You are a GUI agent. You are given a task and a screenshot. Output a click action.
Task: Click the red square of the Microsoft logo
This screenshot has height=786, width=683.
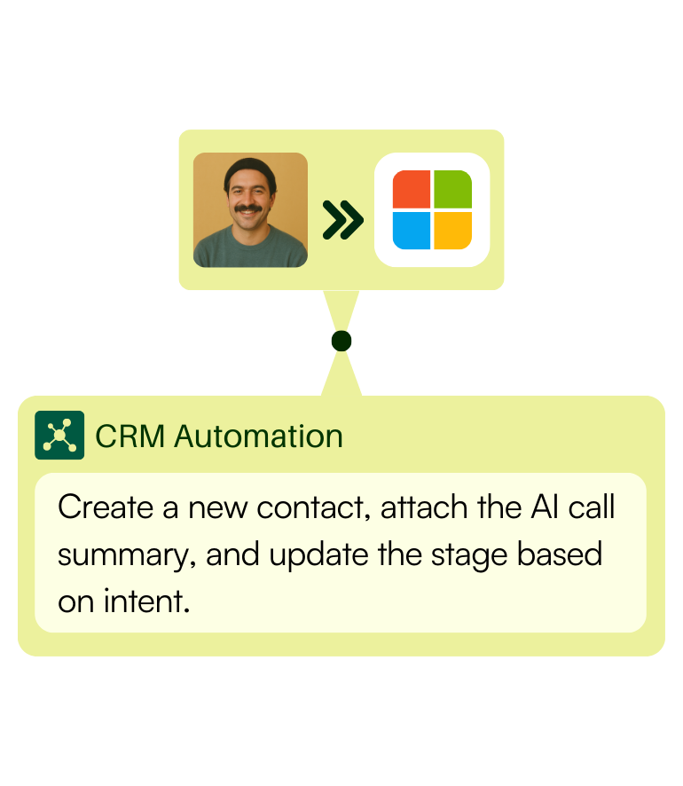pyautogui.click(x=412, y=189)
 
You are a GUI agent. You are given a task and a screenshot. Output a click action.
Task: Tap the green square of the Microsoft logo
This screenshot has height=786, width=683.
pyautogui.click(x=452, y=189)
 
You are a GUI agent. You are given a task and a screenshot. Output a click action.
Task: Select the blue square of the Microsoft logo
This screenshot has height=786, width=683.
pyautogui.click(x=412, y=231)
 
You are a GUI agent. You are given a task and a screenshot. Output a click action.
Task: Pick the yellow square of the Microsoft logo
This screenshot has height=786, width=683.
pyautogui.click(x=452, y=231)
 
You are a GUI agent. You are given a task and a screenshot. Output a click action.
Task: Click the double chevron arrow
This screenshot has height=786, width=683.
pyautogui.click(x=342, y=219)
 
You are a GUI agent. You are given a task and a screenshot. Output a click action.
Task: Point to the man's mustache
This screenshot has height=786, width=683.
pyautogui.click(x=248, y=208)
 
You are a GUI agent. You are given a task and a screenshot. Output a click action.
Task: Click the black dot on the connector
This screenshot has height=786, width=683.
pyautogui.click(x=341, y=341)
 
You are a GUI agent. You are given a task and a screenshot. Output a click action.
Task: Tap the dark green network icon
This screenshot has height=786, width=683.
pyautogui.click(x=59, y=435)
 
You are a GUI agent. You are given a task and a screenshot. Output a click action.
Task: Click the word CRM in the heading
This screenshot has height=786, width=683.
pyautogui.click(x=130, y=436)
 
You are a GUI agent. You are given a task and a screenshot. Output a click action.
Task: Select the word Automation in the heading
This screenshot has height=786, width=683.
pyautogui.click(x=259, y=436)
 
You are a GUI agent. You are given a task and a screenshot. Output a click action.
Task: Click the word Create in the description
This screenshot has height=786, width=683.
pyautogui.click(x=106, y=507)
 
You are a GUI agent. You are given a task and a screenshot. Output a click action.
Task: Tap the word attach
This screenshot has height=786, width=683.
pyautogui.click(x=424, y=507)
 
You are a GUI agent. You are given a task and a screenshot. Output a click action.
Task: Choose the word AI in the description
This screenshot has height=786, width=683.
pyautogui.click(x=545, y=507)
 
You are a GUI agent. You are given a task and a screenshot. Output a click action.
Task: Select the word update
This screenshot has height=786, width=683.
pyautogui.click(x=318, y=555)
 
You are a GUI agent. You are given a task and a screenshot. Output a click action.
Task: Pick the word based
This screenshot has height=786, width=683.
pyautogui.click(x=559, y=554)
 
